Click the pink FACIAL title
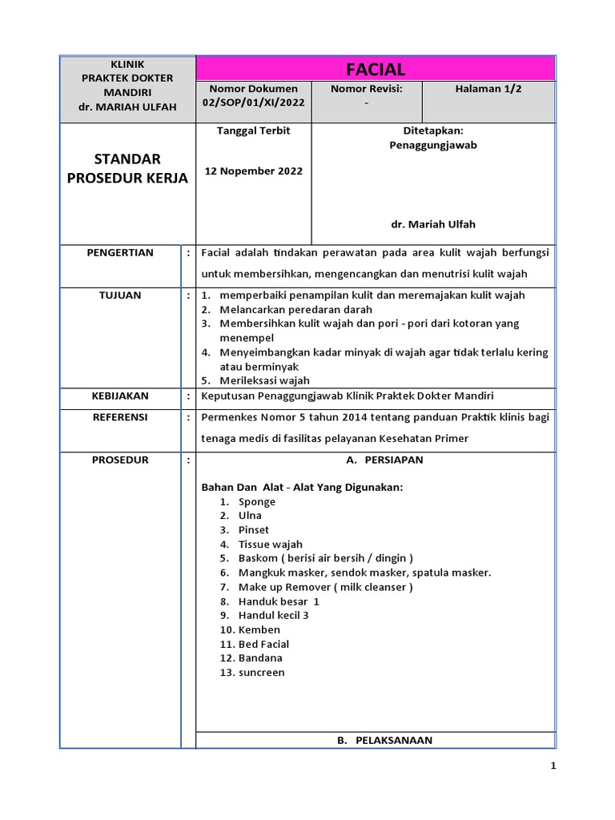pos(375,69)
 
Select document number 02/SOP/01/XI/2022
pos(253,102)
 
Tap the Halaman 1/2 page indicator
pos(488,89)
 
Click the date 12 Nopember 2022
pos(254,171)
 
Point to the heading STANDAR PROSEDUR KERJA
pos(128,168)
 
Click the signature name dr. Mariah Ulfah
pos(433,224)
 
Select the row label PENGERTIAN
pos(120,253)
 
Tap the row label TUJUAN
pos(120,295)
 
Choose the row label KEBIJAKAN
pos(120,396)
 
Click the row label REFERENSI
pos(120,417)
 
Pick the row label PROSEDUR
pos(120,460)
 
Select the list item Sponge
pos(256,502)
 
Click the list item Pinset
pos(253,530)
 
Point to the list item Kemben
pos(259,630)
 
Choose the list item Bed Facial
pos(263,644)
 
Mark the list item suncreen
pos(261,673)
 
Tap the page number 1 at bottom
pos(553,766)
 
